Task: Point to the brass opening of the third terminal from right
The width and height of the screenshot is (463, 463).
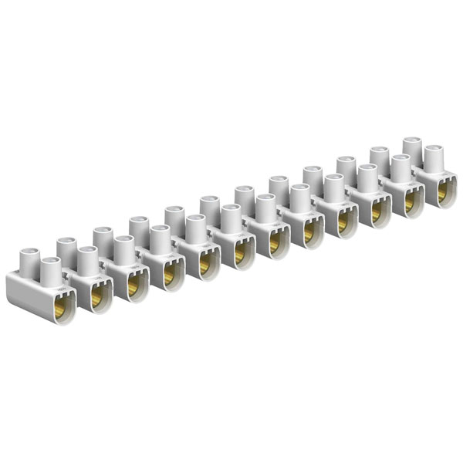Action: [x=376, y=212]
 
